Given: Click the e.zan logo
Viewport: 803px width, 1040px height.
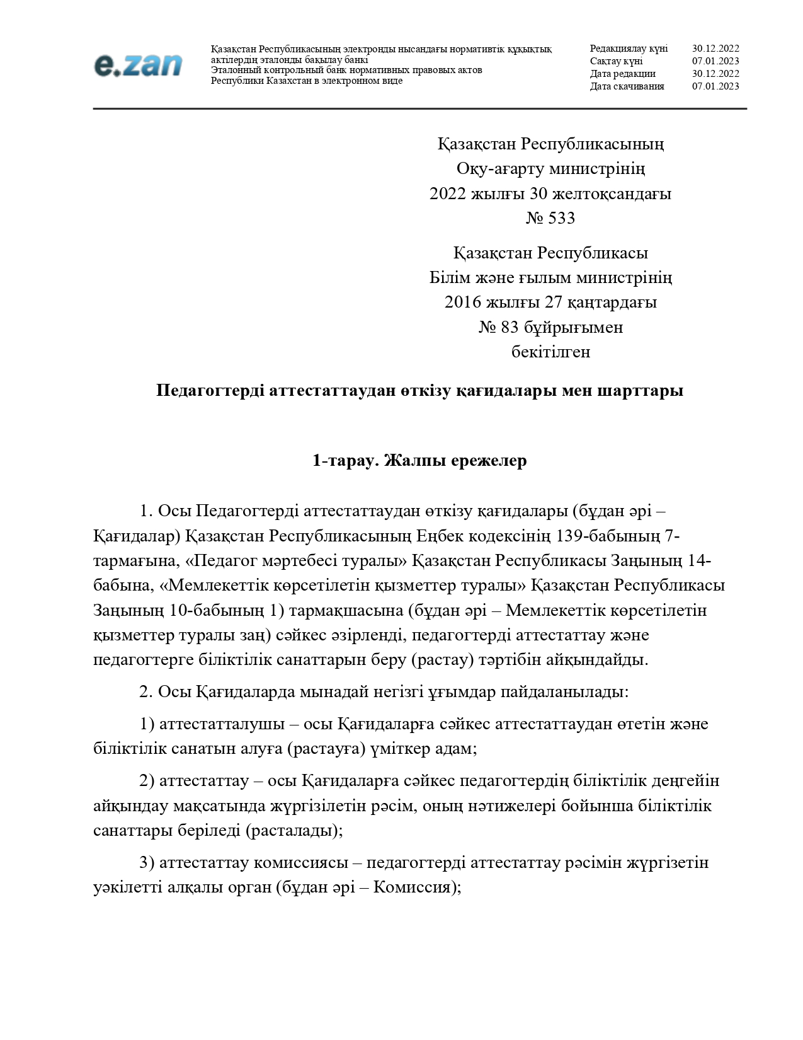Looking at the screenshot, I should tap(138, 66).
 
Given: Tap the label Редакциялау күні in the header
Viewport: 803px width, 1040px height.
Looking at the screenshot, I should tap(628, 49).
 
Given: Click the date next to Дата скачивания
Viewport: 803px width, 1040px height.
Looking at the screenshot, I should tap(715, 86).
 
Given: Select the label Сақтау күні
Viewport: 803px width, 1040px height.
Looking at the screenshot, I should tap(616, 61).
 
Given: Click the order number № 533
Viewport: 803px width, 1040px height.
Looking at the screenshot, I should tap(550, 218).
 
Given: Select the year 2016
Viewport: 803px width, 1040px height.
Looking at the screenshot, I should tap(462, 302).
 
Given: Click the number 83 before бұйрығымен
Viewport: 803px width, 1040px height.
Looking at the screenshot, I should tap(509, 327).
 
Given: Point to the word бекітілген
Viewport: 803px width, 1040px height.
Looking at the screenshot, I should tap(550, 352).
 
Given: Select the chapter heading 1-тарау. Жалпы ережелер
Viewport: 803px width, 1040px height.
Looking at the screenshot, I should tap(419, 461).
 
